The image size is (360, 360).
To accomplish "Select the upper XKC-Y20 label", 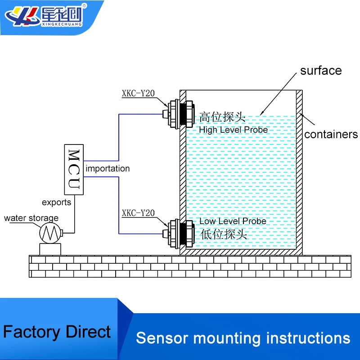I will coord(138,94).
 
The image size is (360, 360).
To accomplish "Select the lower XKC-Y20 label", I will coord(138,213).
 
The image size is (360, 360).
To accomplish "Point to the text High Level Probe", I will coord(234,130).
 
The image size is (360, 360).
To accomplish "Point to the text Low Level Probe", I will coord(233,221).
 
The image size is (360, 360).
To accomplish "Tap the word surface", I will coord(321,71).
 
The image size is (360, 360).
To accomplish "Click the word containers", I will coord(331,134).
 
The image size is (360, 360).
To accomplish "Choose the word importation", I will coord(108,169).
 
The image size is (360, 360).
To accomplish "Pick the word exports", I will coord(56,202).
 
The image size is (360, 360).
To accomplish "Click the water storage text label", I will coord(31,218).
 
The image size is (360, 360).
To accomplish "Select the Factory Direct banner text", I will coord(57,332).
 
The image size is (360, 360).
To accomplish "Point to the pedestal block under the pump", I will coord(49,248).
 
